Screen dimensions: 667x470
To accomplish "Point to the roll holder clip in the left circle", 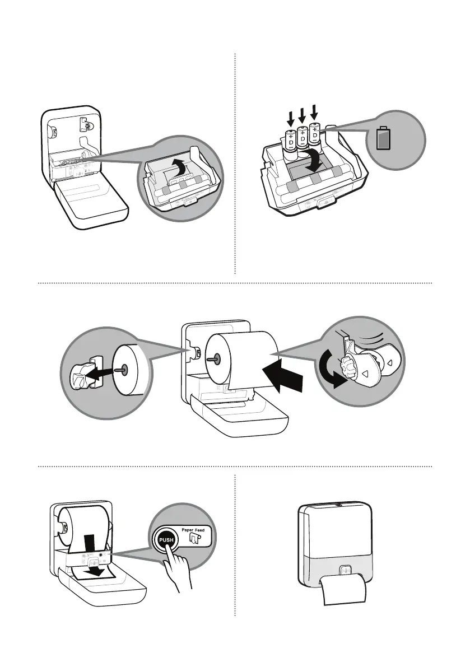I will [x=80, y=374].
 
